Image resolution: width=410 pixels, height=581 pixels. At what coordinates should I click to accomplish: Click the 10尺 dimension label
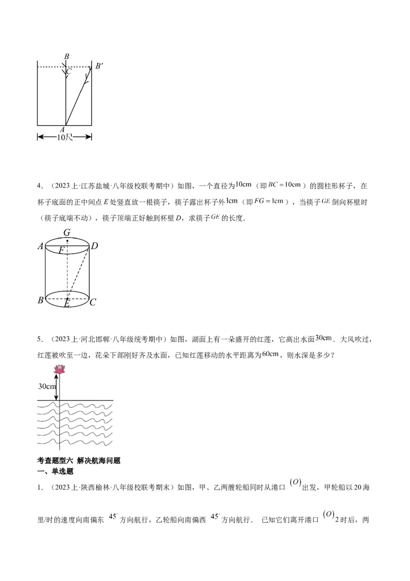(x=65, y=137)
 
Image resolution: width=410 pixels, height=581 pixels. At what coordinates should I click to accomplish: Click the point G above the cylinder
(x=67, y=233)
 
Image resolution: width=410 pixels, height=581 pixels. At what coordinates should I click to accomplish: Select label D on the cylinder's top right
(x=94, y=247)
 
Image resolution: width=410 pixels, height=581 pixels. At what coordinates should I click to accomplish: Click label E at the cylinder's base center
(x=67, y=304)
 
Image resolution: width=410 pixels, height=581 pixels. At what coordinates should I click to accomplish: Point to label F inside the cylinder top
(x=61, y=250)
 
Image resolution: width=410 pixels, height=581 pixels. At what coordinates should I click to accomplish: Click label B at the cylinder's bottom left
(x=40, y=300)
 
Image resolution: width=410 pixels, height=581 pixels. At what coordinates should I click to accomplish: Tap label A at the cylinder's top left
(x=40, y=247)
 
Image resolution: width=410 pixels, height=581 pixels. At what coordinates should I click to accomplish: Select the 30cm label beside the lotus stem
(x=47, y=386)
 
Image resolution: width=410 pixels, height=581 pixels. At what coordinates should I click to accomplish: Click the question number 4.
(x=39, y=186)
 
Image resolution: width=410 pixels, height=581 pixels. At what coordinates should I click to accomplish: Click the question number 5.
(x=39, y=339)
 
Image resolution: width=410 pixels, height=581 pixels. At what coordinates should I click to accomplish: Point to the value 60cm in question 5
(x=270, y=354)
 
